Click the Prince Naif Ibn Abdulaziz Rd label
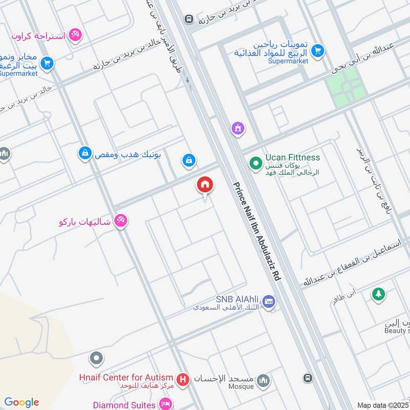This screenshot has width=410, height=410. click(x=256, y=231)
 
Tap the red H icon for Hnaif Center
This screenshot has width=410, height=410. click(x=182, y=380)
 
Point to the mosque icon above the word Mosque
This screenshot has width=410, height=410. click(x=263, y=381)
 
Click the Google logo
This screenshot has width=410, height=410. click(x=22, y=402)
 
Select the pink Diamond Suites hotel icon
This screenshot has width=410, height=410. click(x=166, y=405)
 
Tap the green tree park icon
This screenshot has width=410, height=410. click(x=378, y=294)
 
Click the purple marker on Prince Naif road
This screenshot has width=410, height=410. click(x=237, y=128)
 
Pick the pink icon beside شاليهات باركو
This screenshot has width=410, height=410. click(x=121, y=220)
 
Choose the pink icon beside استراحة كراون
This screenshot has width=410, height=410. click(x=75, y=34)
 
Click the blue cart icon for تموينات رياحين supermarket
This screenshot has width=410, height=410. click(x=318, y=50)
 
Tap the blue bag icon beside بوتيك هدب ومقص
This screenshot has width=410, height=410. click(x=85, y=152)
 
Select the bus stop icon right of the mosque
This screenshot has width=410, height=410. click(x=307, y=378)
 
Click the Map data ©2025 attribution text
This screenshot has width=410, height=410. click(x=382, y=405)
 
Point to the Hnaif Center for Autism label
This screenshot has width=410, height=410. click(x=126, y=378)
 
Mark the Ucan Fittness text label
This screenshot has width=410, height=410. click(x=293, y=158)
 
